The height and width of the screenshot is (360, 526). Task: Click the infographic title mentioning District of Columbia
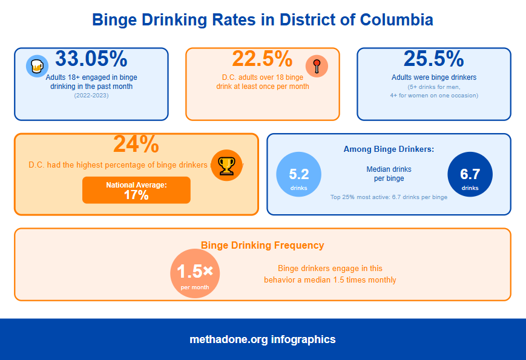[x=263, y=20]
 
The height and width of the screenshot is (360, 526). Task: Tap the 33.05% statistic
[x=91, y=59]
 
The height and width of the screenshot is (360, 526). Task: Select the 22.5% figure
[x=262, y=59]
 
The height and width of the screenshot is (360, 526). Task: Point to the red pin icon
[x=317, y=65]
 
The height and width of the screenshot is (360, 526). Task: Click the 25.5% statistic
[x=433, y=59]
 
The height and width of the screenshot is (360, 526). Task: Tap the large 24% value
[x=136, y=144]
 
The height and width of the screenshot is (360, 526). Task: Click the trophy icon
[x=226, y=165]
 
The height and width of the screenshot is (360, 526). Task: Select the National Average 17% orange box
[x=136, y=190]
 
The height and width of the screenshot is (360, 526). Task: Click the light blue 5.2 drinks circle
[x=299, y=174]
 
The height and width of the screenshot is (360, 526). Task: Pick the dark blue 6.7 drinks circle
[x=470, y=174]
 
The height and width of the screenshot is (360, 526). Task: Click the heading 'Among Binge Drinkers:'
[x=389, y=149]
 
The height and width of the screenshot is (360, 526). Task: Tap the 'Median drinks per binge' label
[x=389, y=174]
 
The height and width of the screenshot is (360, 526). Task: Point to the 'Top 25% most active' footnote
[x=389, y=197]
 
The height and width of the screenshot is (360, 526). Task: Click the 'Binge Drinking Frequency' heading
[x=262, y=245]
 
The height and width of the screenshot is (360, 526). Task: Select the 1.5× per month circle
[x=195, y=273]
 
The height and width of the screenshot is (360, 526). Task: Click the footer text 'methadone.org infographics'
[x=262, y=339]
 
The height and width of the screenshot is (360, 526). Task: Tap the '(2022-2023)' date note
[x=91, y=96]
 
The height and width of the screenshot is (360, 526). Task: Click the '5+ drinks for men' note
[x=433, y=87]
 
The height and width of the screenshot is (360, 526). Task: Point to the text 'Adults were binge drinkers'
[x=433, y=77]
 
